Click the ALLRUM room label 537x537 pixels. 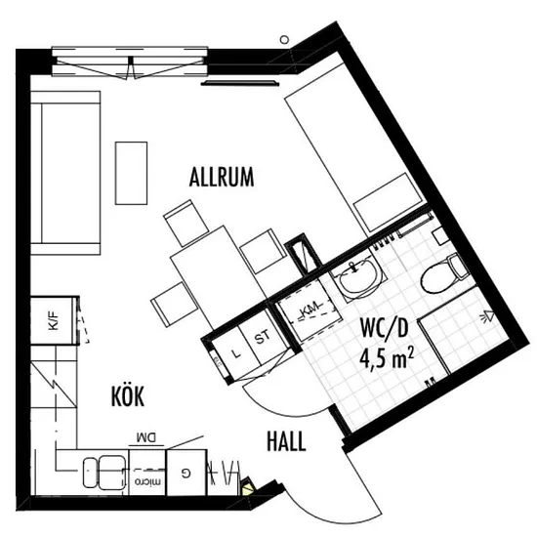click(x=222, y=177)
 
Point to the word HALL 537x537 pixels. click(x=286, y=441)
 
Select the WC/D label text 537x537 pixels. click(x=385, y=328)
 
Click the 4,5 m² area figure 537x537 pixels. click(x=387, y=357)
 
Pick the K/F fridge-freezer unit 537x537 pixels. click(x=53, y=320)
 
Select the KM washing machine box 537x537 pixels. click(x=310, y=310)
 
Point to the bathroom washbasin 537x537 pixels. click(x=358, y=276)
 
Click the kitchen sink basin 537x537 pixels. click(x=104, y=472)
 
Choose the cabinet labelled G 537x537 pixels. click(x=186, y=473)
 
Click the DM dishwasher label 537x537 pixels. click(x=146, y=437)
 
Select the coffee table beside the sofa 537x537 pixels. click(x=131, y=173)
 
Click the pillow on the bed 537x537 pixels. click(x=388, y=203)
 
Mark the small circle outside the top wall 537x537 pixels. click(x=284, y=40)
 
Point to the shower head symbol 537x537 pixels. click(x=488, y=315)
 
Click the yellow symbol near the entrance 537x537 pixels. click(x=248, y=487)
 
